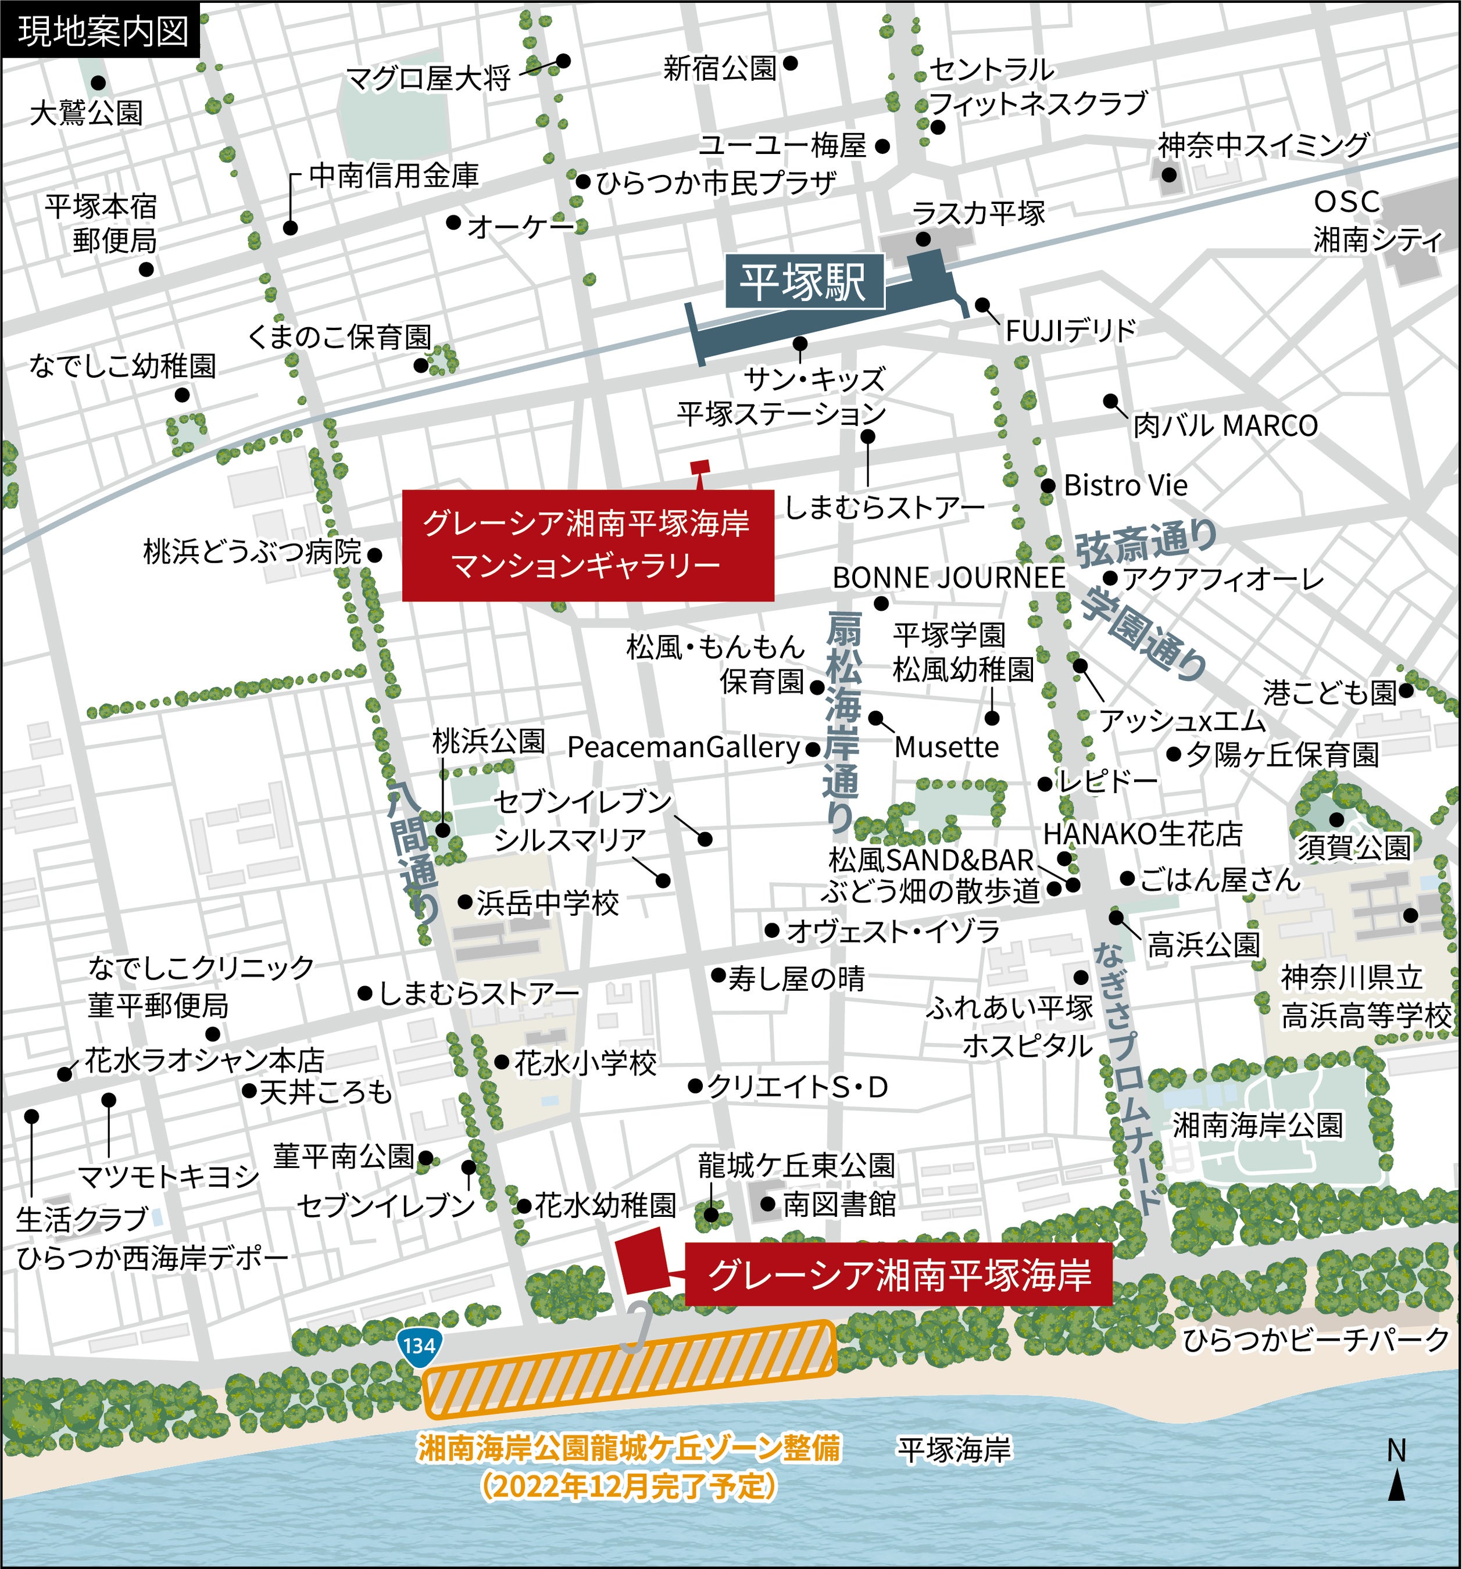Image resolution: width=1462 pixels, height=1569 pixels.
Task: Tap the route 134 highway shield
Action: click(419, 1344)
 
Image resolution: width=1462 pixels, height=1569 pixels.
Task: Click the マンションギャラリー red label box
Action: click(587, 545)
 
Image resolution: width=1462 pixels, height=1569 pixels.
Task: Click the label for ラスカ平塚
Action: click(978, 213)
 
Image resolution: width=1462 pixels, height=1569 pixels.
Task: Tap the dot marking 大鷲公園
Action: click(98, 82)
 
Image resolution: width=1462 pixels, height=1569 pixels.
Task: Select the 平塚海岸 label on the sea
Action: click(953, 1449)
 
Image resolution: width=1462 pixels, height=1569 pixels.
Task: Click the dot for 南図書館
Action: click(767, 1203)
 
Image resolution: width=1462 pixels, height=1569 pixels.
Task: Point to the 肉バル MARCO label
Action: click(1225, 426)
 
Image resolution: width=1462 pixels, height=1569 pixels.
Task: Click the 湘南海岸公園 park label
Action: click(1257, 1124)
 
